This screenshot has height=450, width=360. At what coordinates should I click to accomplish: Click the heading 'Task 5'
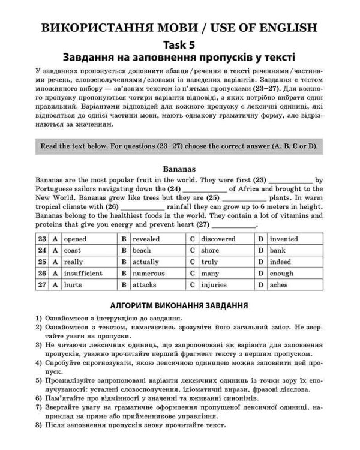pos(179,44)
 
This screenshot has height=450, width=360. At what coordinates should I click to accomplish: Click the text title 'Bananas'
pos(179,169)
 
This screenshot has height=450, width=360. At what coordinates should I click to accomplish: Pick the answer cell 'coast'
pos(72,250)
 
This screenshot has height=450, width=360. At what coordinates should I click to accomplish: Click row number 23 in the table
pos(42,239)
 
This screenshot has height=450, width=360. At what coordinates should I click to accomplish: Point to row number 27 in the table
pos(42,284)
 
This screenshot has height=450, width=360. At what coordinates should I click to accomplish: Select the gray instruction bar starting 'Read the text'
pos(179,146)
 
